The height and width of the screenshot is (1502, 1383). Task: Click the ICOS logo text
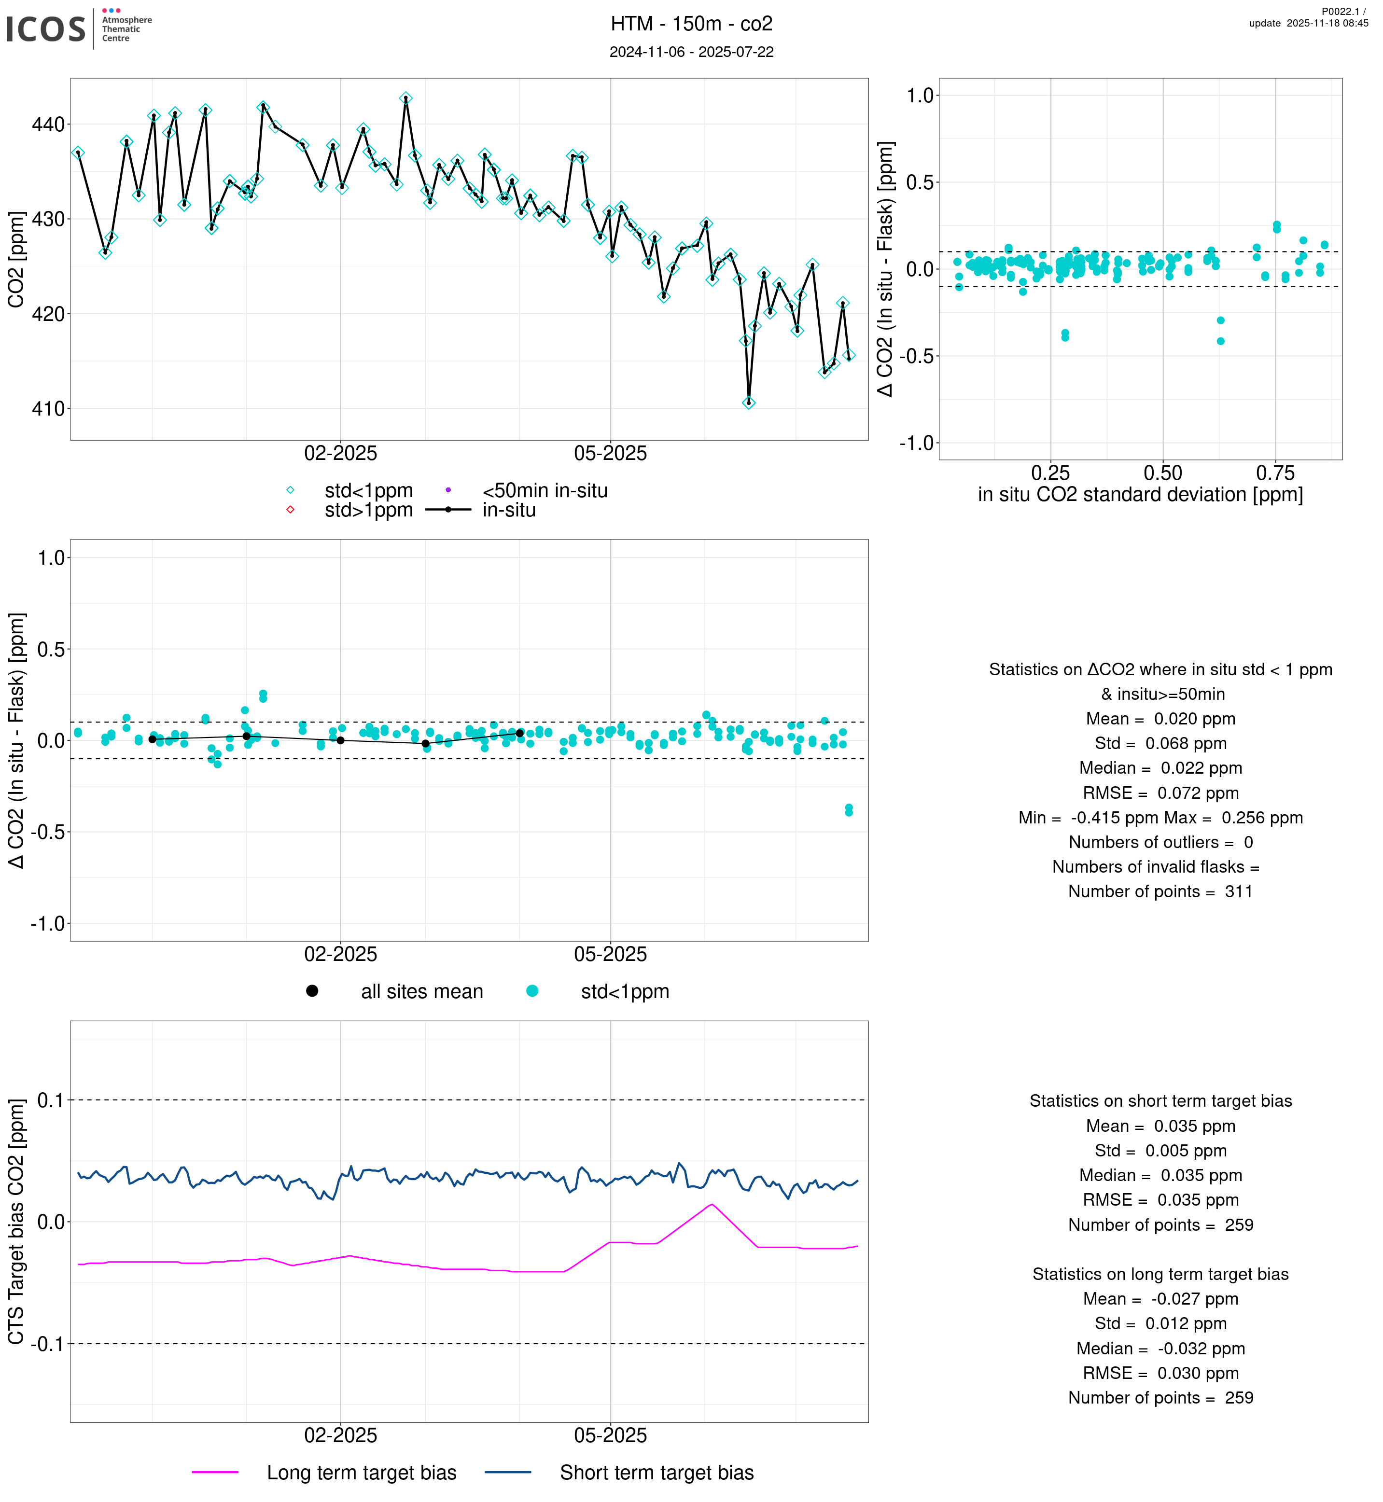click(x=46, y=29)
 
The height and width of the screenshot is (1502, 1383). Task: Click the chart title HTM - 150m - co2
click(x=691, y=24)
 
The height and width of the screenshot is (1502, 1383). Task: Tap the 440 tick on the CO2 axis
click(x=48, y=124)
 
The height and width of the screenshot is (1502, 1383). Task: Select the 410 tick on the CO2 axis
click(x=48, y=409)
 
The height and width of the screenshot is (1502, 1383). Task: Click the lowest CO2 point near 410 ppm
click(x=748, y=403)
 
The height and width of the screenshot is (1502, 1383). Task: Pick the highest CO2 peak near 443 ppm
click(x=405, y=98)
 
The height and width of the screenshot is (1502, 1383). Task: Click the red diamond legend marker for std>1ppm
click(x=291, y=510)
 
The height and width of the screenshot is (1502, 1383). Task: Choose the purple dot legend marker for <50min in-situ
click(x=448, y=490)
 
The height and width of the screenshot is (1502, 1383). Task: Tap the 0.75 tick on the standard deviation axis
click(x=1275, y=473)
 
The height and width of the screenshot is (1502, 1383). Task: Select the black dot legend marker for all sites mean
click(x=312, y=991)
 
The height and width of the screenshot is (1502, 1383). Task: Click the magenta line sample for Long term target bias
click(x=215, y=1472)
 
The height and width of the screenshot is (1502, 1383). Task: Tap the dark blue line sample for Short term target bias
click(x=508, y=1472)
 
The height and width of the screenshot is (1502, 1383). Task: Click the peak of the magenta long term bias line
click(x=712, y=1204)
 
